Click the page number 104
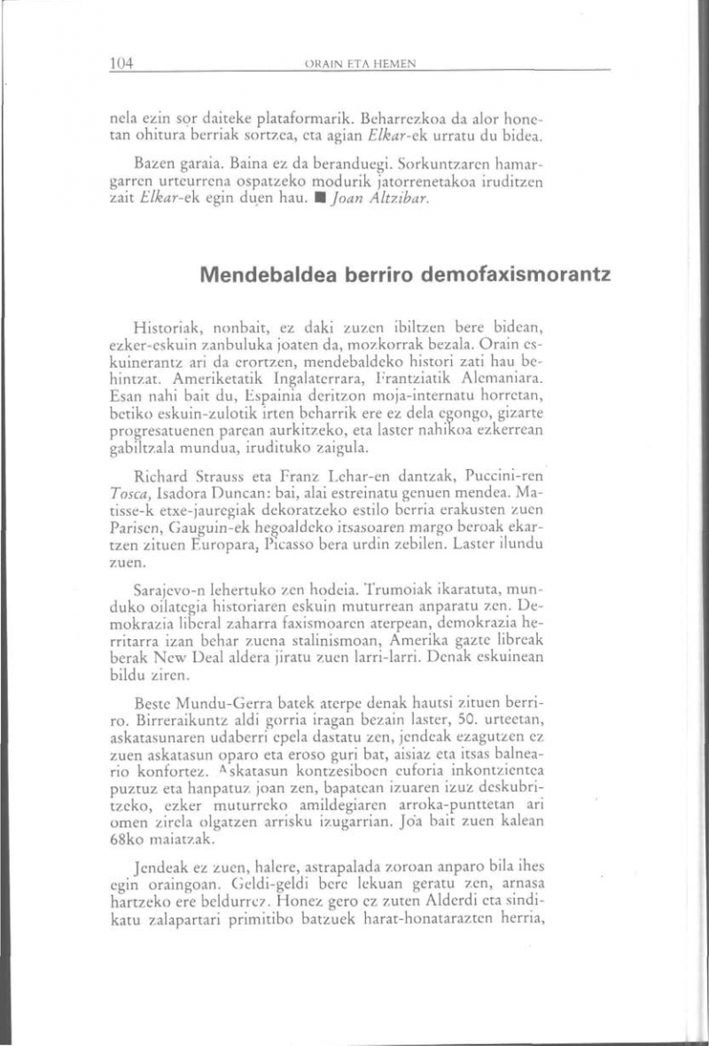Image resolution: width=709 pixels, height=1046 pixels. [x=121, y=63]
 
